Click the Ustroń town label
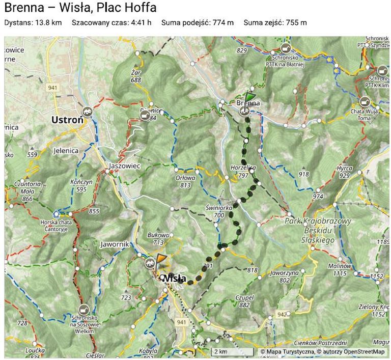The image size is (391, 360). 67,121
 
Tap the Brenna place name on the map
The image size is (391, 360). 248,103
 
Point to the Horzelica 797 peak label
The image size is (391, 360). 243,171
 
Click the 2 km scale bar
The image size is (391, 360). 233,352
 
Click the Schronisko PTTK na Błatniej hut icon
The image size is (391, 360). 285,48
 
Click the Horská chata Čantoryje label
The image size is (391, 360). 57,226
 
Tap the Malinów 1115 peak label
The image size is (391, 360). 340,270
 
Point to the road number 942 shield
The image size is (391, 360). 282,315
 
